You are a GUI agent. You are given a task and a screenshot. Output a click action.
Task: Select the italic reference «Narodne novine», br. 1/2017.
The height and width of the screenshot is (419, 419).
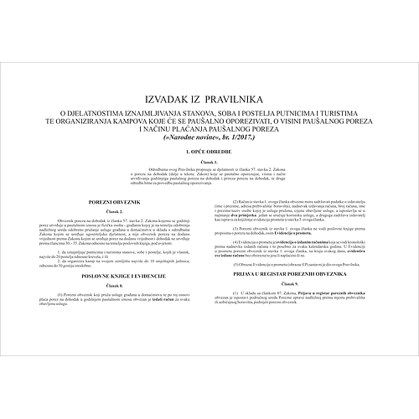pos(209,135)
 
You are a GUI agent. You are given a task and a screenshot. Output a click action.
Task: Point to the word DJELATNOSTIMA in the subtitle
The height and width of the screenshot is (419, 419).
pos(102,111)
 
